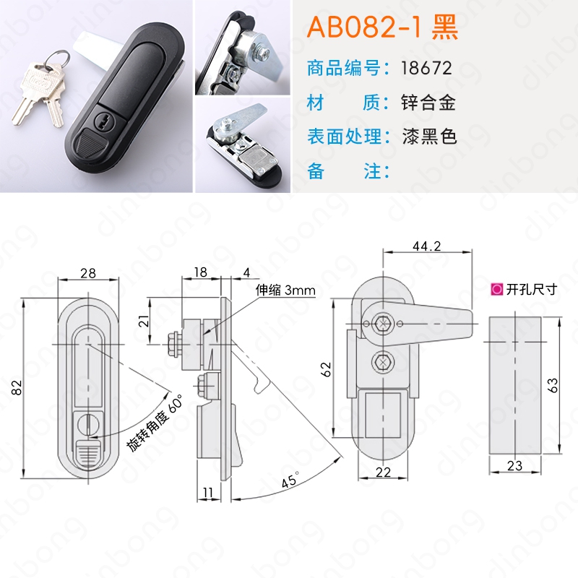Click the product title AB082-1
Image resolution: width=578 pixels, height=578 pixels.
(x=364, y=27)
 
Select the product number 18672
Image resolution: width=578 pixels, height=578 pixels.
(x=426, y=68)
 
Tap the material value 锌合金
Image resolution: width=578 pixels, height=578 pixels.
(x=428, y=103)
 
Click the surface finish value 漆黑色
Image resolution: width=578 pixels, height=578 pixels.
(x=429, y=137)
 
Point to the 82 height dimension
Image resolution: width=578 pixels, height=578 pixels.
(x=17, y=388)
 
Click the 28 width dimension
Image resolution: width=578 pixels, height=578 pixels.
(x=88, y=273)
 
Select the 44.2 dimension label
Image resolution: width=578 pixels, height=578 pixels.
(x=426, y=246)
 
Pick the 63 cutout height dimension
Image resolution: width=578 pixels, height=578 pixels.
(x=553, y=385)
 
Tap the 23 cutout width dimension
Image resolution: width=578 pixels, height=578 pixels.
(x=514, y=465)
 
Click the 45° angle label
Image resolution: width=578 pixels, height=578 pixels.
(x=290, y=480)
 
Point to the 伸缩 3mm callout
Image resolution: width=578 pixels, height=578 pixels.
(x=285, y=290)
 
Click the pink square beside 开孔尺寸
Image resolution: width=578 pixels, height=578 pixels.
(x=497, y=290)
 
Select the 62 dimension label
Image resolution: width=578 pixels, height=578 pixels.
(x=327, y=369)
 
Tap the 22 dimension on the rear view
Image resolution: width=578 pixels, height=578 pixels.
(x=383, y=473)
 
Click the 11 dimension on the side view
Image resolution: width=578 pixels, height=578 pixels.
(x=207, y=493)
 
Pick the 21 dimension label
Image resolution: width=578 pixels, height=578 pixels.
(x=145, y=321)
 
